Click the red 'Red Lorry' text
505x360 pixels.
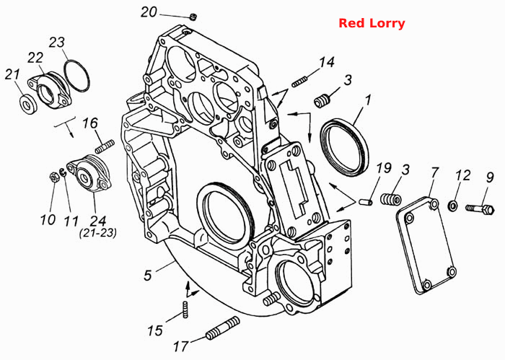(x=372, y=24)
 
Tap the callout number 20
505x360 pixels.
(x=149, y=12)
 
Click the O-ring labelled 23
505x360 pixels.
(x=76, y=75)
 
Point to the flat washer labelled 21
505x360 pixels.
(x=28, y=103)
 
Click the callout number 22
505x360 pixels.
(x=35, y=58)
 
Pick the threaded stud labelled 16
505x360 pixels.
(x=105, y=146)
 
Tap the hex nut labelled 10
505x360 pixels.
(x=54, y=177)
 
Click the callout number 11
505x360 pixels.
(x=71, y=221)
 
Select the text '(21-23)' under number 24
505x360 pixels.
(x=98, y=233)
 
